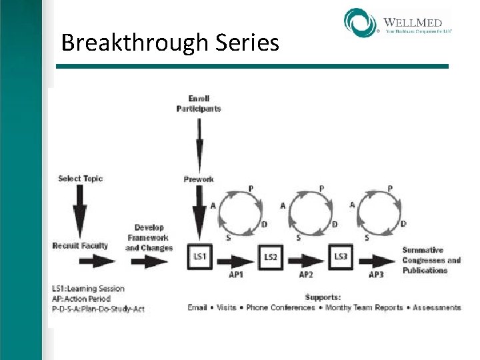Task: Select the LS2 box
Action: point(271,257)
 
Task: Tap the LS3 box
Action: point(341,256)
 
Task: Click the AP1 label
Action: point(235,274)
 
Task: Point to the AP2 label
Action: point(306,274)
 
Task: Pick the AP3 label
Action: point(377,274)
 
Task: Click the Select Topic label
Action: point(80,179)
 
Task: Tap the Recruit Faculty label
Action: point(80,246)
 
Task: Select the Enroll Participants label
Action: point(199,103)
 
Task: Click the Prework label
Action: point(199,179)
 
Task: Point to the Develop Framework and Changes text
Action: point(149,238)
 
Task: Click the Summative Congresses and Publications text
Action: point(431,260)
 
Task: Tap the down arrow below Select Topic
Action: point(80,210)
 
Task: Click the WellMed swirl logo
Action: point(360,22)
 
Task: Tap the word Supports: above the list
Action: point(323,297)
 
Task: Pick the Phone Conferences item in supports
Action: point(281,307)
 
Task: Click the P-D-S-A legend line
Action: point(98,309)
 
